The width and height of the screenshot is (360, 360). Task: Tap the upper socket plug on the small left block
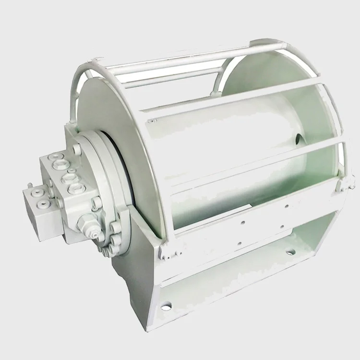click(x=37, y=193)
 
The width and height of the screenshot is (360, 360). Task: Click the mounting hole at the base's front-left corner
click(x=166, y=305)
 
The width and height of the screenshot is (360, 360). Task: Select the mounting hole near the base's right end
click(x=291, y=252)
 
